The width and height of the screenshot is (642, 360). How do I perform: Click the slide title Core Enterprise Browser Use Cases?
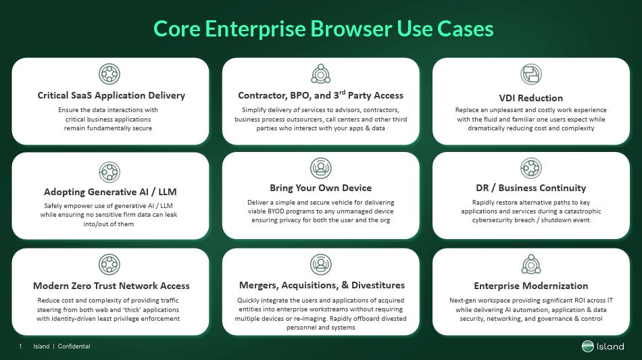[x=323, y=29]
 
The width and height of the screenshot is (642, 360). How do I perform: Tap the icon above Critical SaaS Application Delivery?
[x=109, y=74]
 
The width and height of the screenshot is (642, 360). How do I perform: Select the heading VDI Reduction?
[x=530, y=98]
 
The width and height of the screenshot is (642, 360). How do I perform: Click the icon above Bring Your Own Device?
[x=320, y=168]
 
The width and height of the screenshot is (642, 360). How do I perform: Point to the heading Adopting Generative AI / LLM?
[x=110, y=192]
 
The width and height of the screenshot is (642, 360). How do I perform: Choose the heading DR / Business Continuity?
[x=530, y=188]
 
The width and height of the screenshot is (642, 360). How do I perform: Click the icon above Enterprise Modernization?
[x=530, y=264]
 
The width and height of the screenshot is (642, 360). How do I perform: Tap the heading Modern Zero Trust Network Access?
[x=112, y=286]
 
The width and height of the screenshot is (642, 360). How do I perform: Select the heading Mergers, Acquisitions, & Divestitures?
[x=322, y=286]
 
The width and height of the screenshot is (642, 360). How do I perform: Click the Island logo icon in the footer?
[x=587, y=346]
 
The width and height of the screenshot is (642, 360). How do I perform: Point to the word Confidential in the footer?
[x=74, y=346]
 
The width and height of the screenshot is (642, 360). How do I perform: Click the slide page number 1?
[x=21, y=346]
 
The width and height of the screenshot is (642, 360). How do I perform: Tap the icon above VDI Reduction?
[x=530, y=74]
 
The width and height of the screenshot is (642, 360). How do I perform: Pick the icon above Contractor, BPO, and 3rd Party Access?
[x=320, y=74]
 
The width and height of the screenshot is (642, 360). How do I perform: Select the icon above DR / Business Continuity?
[x=530, y=168]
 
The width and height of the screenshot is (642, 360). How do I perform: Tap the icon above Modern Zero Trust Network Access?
[x=109, y=264]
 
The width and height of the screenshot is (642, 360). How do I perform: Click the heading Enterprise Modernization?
[x=530, y=286]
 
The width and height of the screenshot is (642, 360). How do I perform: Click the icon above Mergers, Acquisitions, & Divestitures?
[x=320, y=264]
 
